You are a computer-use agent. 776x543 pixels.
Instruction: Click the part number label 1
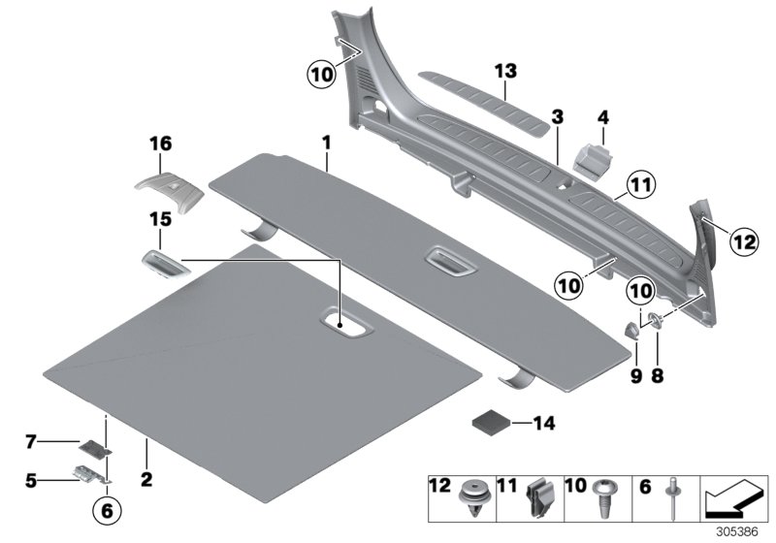click(327, 143)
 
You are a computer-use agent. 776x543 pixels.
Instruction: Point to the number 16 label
click(160, 144)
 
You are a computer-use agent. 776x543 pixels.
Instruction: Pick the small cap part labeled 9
click(630, 330)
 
